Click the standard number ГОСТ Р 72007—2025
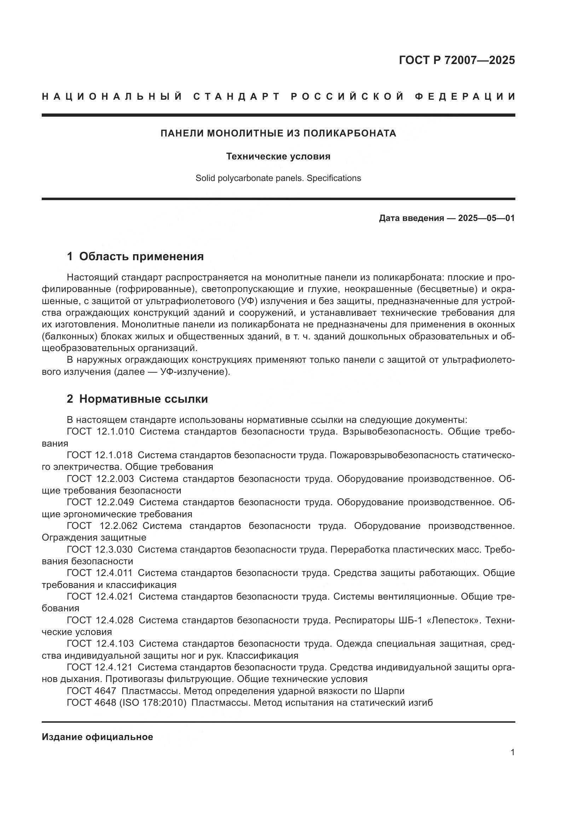[x=457, y=60]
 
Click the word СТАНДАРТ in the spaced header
[x=237, y=97]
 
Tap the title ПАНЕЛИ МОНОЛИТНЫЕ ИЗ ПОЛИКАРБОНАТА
[x=278, y=133]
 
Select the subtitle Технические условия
[x=278, y=157]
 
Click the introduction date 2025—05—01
[x=486, y=218]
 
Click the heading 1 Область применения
[x=135, y=256]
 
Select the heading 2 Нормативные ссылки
[x=137, y=399]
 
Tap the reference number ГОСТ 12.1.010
[x=100, y=431]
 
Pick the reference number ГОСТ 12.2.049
[x=100, y=502]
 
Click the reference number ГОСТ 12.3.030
[x=100, y=550]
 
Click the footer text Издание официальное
[x=97, y=737]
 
